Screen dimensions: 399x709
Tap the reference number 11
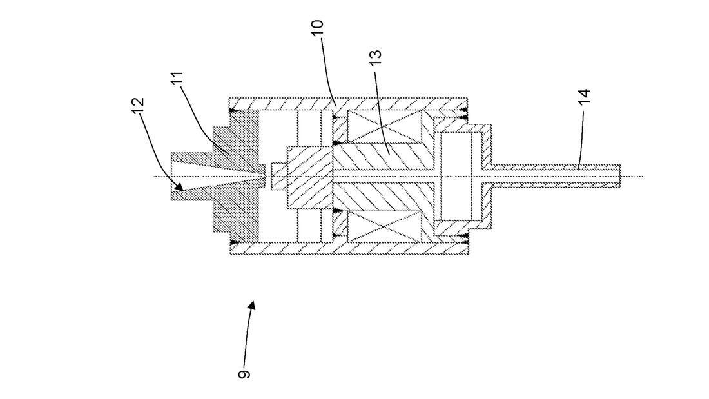[x=177, y=81]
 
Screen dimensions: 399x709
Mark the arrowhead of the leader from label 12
[x=181, y=189]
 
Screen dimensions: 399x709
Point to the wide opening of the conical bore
[x=172, y=176]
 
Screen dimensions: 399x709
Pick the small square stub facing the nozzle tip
[x=278, y=176]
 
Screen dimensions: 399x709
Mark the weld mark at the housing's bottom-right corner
[x=463, y=239]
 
